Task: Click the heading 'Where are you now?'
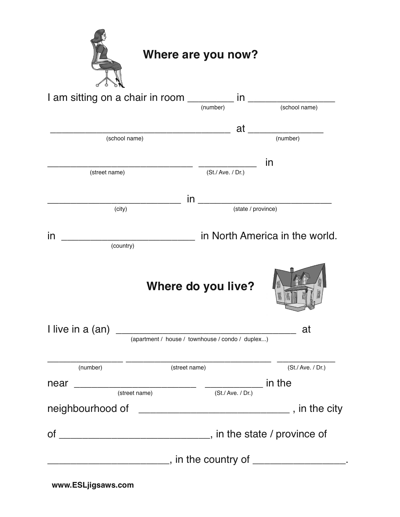point(200,55)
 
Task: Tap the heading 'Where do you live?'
point(200,286)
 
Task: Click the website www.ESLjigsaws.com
point(93,485)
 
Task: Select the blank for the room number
point(211,100)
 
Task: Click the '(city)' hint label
point(121,209)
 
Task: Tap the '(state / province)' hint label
point(255,209)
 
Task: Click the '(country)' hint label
point(123,246)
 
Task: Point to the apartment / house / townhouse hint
point(199,339)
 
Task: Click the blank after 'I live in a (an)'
point(206,331)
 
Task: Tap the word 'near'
point(58,383)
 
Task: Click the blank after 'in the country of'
point(299,461)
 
